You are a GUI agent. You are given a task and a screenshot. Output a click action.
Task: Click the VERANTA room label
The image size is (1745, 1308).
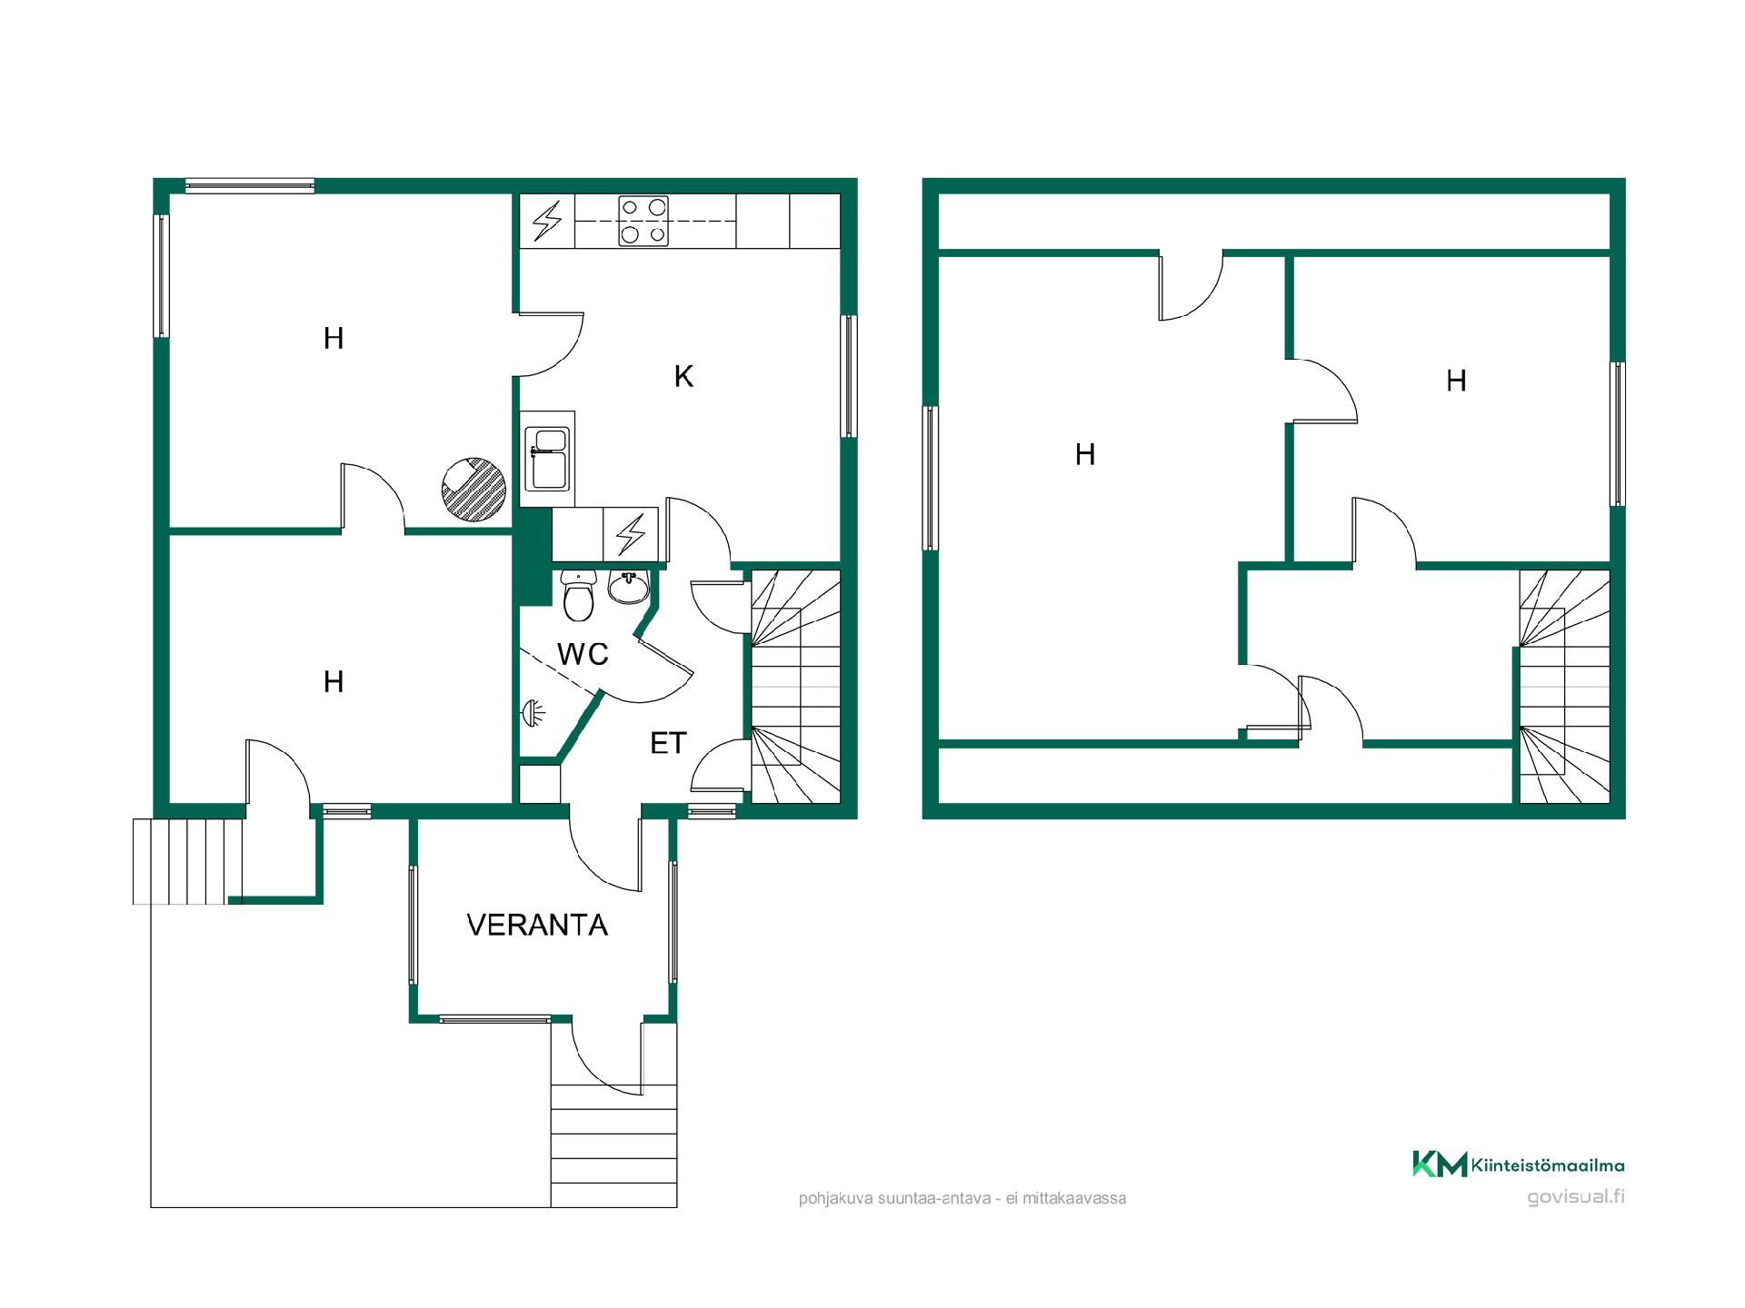(x=537, y=925)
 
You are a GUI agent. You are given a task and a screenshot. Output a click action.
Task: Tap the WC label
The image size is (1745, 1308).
(x=583, y=654)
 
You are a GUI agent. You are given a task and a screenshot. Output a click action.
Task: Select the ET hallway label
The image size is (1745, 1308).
(x=668, y=743)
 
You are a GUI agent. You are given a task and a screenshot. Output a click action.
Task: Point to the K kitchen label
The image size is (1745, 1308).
(x=683, y=376)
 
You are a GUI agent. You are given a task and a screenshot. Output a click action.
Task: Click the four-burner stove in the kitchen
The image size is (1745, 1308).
(x=643, y=221)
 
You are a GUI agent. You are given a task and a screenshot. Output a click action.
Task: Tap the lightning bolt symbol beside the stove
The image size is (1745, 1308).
(x=547, y=221)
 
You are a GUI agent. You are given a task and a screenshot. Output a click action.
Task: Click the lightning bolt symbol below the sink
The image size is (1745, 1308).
(x=631, y=535)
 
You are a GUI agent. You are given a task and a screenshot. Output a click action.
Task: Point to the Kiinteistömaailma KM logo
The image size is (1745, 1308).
(x=1518, y=1164)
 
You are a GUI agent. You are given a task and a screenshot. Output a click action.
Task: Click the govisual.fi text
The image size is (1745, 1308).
(x=1576, y=1196)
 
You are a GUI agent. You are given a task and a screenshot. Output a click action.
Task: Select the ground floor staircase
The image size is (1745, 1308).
(x=794, y=687)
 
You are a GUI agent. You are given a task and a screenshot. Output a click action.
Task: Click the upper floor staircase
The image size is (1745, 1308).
(x=1564, y=687)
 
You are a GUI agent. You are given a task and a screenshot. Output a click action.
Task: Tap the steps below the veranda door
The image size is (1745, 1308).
(x=614, y=1145)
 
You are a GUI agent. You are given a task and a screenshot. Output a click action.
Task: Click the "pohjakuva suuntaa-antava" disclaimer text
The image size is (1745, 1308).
(x=962, y=1199)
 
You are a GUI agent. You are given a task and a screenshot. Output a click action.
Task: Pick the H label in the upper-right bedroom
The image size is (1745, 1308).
(x=1456, y=381)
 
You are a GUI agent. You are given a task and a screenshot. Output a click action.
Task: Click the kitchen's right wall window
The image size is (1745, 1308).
(x=849, y=376)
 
